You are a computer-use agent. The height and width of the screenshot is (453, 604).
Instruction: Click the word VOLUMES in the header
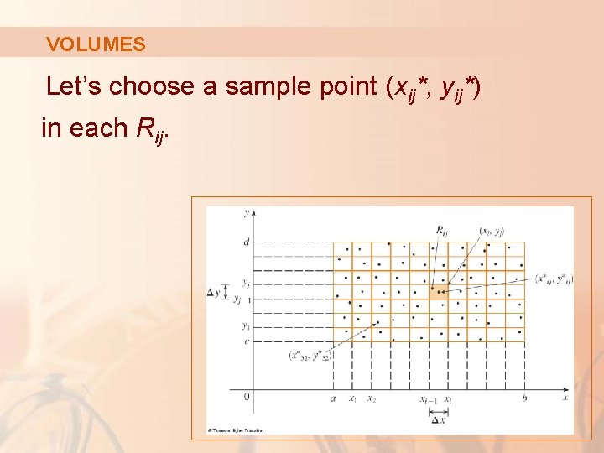point(96,44)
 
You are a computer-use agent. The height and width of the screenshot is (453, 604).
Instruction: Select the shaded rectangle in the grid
point(438,292)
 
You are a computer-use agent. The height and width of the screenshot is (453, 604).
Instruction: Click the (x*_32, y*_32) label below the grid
point(310,356)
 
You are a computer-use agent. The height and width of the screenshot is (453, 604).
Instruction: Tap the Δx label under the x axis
point(439,419)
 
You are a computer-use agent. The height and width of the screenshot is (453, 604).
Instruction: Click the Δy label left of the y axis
point(214,292)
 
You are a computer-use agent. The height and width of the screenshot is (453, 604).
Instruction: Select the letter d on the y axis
point(246,242)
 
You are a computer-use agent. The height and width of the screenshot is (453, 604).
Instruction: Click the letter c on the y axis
point(246,341)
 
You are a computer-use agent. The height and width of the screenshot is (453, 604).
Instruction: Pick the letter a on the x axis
point(334,399)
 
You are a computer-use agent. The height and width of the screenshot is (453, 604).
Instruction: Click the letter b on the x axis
point(524,399)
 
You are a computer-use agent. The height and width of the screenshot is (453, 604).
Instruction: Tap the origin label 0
point(246,396)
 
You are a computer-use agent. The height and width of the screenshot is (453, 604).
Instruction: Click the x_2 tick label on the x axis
point(371,400)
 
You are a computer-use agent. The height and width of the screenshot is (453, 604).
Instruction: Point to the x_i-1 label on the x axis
point(427,400)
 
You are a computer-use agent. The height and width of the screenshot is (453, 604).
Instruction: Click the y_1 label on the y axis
point(245,325)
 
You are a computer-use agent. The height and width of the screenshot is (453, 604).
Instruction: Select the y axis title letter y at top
point(245,213)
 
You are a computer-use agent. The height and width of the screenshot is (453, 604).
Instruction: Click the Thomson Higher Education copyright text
point(237,430)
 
